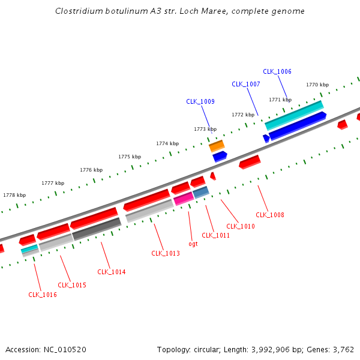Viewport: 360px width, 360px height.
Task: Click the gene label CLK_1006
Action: pyautogui.click(x=277, y=72)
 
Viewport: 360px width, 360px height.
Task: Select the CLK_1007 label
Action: pyautogui.click(x=246, y=85)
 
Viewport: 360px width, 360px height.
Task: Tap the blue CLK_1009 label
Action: pyautogui.click(x=200, y=102)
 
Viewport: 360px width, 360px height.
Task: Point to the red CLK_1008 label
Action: pyautogui.click(x=270, y=215)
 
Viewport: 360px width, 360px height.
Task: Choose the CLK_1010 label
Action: pyautogui.click(x=241, y=226)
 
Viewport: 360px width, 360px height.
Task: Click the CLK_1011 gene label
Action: pyautogui.click(x=216, y=235)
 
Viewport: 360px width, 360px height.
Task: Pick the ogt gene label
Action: pyautogui.click(x=193, y=244)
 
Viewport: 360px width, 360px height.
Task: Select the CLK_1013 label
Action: pyautogui.click(x=166, y=253)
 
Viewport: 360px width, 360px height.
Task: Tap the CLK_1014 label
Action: pyautogui.click(x=112, y=272)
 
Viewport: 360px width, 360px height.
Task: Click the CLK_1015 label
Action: pyautogui.click(x=72, y=285)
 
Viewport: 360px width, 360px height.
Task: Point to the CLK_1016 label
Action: pyautogui.click(x=43, y=295)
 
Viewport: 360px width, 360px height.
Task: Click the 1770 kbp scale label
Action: pyautogui.click(x=317, y=85)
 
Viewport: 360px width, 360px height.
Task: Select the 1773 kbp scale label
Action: pyautogui.click(x=205, y=129)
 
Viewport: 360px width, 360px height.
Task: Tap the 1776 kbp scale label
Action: pyautogui.click(x=91, y=170)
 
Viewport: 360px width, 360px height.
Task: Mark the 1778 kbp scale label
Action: pyautogui.click(x=14, y=195)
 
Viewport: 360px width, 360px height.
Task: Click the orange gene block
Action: pyautogui.click(x=217, y=146)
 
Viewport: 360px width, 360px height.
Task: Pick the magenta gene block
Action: pyautogui.click(x=184, y=198)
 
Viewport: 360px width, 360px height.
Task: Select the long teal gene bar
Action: pyautogui.click(x=294, y=115)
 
